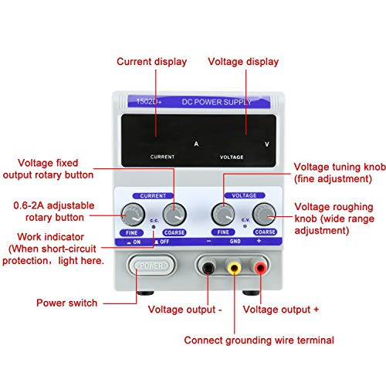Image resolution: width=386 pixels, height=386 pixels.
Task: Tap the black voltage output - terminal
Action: coord(208,268)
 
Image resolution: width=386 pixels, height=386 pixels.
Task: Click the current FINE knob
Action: coord(132,214)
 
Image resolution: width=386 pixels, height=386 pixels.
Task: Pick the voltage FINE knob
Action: coord(224,214)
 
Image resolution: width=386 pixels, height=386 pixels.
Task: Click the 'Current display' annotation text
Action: coord(152,62)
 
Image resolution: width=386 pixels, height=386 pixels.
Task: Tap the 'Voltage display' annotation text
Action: coord(243,62)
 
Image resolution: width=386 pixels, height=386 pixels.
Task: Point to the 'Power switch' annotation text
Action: coord(67,303)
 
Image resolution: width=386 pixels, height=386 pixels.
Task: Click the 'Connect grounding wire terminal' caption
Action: coord(259,340)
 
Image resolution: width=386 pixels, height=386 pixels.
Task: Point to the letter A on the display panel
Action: coord(196,144)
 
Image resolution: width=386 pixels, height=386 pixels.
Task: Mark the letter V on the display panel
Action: coord(267,144)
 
